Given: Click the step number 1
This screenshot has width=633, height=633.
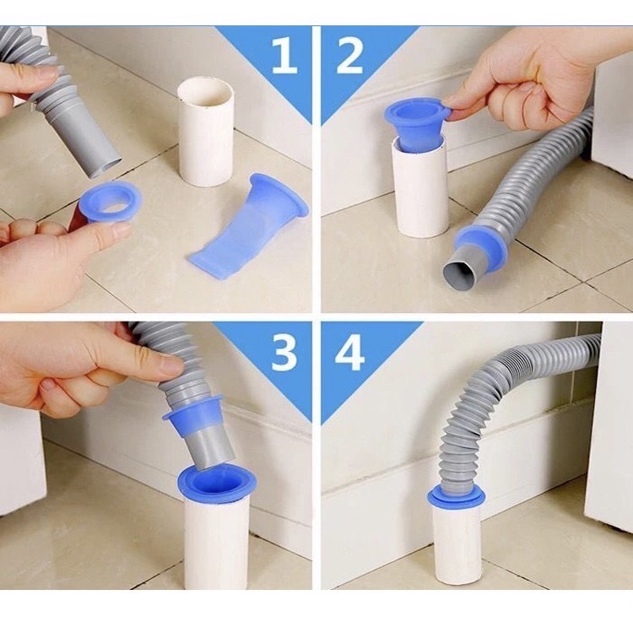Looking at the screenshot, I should [284, 56].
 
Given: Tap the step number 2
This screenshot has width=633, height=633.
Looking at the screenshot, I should [349, 56].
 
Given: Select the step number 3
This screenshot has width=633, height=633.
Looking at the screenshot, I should [284, 354].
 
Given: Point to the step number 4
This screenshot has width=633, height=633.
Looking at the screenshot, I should [349, 354].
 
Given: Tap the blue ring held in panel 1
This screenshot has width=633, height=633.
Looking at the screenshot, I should [111, 201].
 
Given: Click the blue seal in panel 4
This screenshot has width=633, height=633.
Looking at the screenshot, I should [456, 496].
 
